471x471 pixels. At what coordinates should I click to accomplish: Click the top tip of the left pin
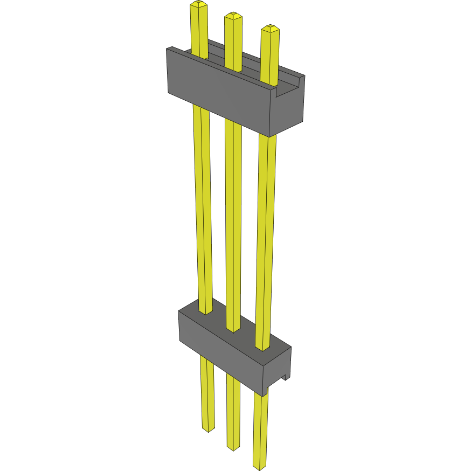point(198,4)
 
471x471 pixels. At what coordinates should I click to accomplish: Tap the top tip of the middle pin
point(233,15)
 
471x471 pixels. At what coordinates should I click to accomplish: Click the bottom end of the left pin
point(208,430)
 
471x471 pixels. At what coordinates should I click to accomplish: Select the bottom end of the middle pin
point(233,448)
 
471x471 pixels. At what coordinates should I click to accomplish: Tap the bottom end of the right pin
point(259,467)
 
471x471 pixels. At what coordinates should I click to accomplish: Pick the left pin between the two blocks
point(203,210)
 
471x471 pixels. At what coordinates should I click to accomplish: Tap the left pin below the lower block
point(207,393)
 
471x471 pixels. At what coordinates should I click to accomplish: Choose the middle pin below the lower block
point(233,412)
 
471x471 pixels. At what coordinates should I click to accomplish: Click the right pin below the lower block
point(260,431)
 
